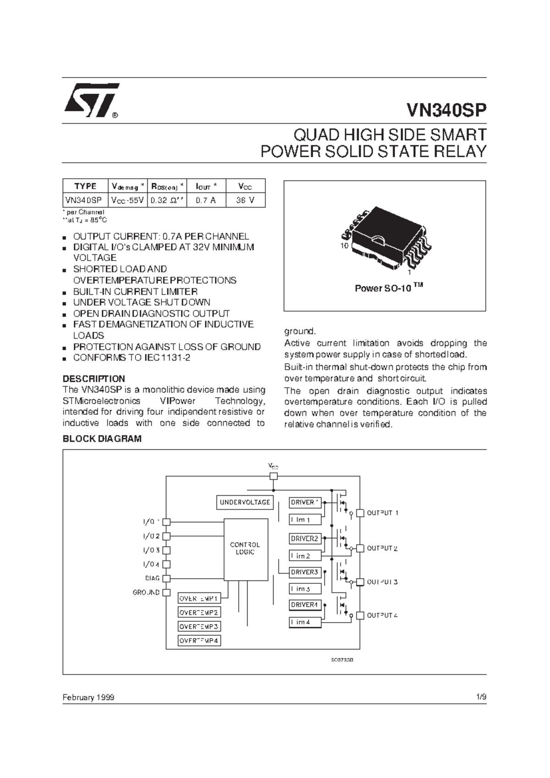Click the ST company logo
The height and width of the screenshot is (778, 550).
pos(91,99)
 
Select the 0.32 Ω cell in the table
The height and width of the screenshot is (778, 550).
pos(167,200)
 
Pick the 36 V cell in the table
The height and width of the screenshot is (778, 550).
pos(245,200)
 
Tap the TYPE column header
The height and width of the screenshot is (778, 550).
pos(85,186)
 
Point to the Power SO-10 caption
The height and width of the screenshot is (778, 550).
pos(388,288)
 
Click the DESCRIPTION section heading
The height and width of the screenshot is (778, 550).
pos(93,379)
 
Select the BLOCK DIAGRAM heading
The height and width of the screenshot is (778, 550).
pos(102,439)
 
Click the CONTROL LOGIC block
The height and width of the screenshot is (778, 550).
pos(245,549)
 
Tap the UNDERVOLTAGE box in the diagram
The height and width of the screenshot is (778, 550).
pos(245,502)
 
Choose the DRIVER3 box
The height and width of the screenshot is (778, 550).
pos(305,572)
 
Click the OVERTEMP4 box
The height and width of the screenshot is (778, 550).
pos(199,641)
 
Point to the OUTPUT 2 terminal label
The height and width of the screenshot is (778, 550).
pos(382,548)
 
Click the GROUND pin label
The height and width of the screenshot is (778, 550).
pos(146,592)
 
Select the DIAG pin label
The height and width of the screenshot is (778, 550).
pos(152,578)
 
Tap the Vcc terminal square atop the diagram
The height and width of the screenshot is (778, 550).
pos(274,476)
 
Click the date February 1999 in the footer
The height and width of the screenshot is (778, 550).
pos(88,697)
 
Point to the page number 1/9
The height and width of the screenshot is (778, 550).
pos(481,697)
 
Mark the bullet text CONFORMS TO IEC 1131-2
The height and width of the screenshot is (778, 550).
pos(132,358)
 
